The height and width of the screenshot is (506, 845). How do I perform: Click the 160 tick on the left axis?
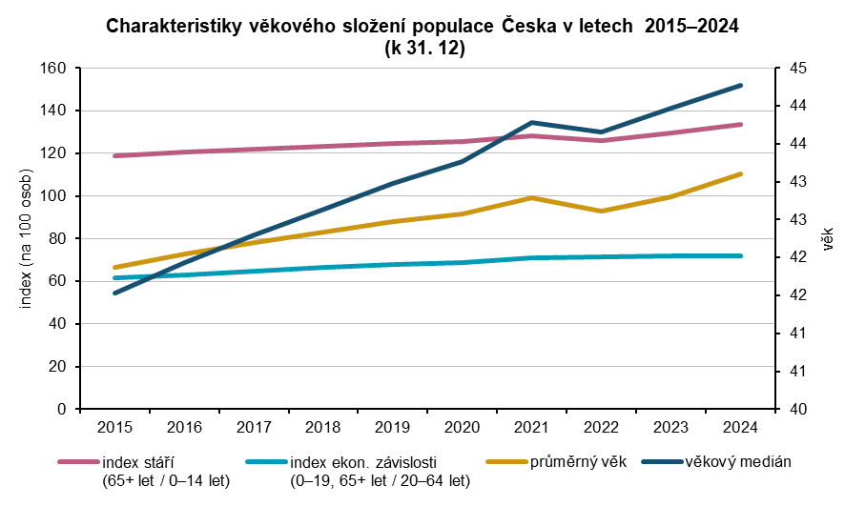(54, 69)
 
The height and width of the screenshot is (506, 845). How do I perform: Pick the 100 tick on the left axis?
(54, 196)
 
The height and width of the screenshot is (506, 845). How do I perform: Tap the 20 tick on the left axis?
(58, 367)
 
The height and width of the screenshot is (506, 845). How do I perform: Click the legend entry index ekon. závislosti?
(363, 463)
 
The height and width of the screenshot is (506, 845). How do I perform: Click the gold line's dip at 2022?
(601, 211)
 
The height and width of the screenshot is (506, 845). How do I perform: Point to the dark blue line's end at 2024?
(741, 85)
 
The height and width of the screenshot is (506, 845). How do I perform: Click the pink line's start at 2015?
(114, 155)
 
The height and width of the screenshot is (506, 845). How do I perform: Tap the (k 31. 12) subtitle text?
(422, 48)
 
